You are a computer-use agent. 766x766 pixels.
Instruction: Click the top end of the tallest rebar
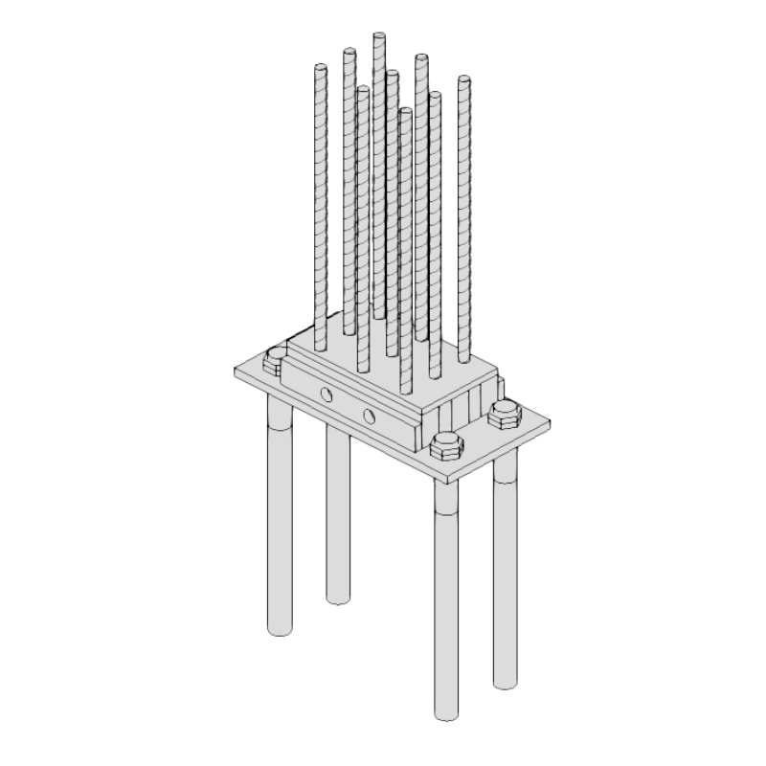[x=379, y=36]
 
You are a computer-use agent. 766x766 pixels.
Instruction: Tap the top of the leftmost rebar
[x=321, y=68]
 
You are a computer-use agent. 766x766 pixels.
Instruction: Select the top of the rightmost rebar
[x=464, y=79]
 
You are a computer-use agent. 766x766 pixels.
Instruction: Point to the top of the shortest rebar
[x=405, y=112]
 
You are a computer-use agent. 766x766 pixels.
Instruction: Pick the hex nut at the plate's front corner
[x=445, y=446]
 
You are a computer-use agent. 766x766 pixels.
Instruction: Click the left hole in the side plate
[x=327, y=394]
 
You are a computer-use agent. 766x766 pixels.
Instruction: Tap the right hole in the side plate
[x=370, y=416]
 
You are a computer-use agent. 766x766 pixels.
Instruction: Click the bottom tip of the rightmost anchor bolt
[x=506, y=683]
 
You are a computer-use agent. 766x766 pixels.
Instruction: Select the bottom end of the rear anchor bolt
[x=337, y=598]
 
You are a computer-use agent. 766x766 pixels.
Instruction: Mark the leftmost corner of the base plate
[x=235, y=369]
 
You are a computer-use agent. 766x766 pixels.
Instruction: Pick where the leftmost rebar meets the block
[x=321, y=345]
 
